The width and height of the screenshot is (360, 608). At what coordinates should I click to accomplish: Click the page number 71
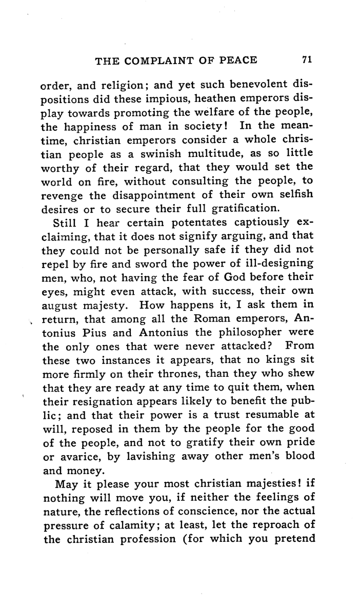tap(307, 59)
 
